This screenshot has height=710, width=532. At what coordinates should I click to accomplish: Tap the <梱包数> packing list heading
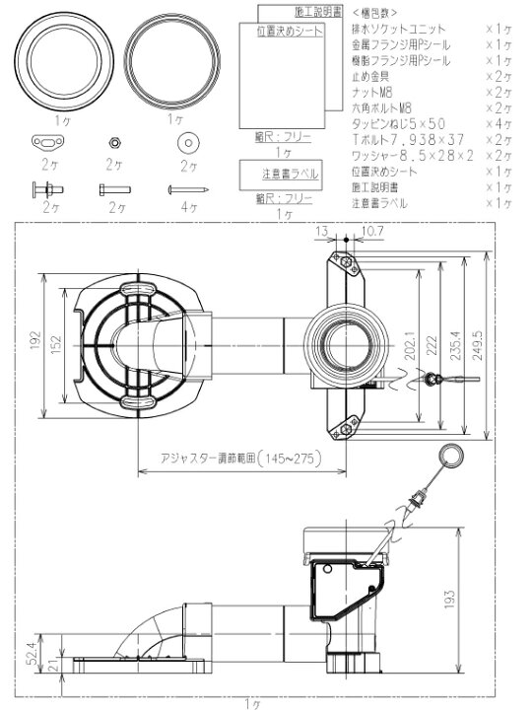click(376, 13)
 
